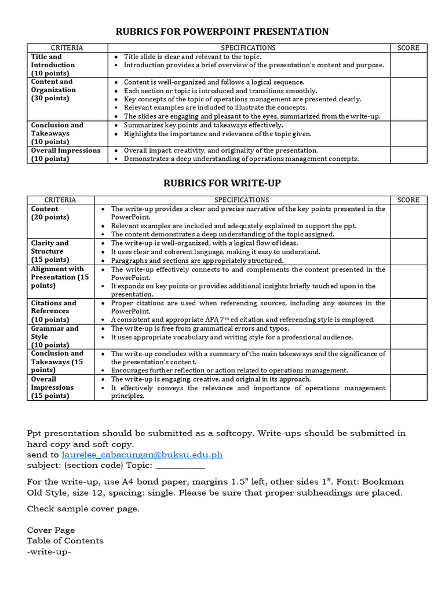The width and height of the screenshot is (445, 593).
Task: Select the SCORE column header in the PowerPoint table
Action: pyautogui.click(x=408, y=47)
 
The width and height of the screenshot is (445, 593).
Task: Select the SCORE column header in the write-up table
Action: pyautogui.click(x=408, y=200)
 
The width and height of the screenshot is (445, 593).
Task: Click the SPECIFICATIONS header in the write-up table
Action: pyautogui.click(x=242, y=200)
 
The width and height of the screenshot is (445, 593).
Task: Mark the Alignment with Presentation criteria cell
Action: pyautogui.click(x=60, y=277)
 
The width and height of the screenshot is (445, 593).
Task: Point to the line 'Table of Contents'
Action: pyautogui.click(x=65, y=540)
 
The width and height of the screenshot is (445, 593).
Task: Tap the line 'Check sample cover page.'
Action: pyautogui.click(x=83, y=508)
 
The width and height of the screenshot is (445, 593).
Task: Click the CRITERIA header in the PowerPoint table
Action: pyautogui.click(x=67, y=47)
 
